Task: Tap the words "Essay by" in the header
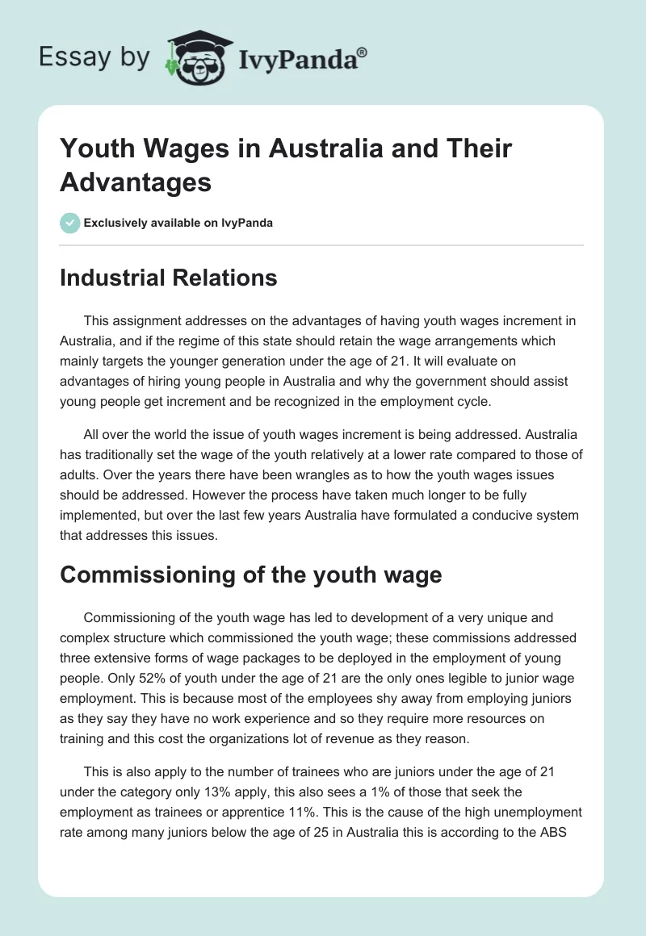pos(95,57)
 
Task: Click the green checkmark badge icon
pos(69,223)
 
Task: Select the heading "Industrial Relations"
pos(168,278)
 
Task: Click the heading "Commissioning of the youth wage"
pos(250,575)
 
